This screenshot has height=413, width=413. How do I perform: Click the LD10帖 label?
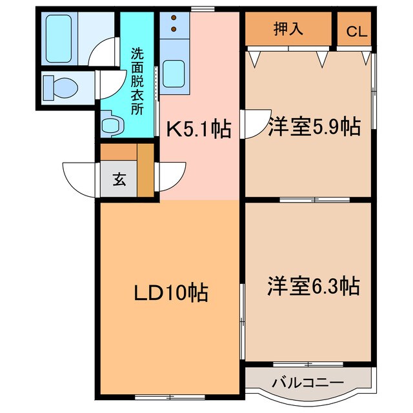click(x=170, y=294)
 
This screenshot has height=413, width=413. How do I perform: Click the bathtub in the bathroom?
click(x=61, y=37)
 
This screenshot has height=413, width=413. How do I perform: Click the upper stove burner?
click(x=173, y=19)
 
